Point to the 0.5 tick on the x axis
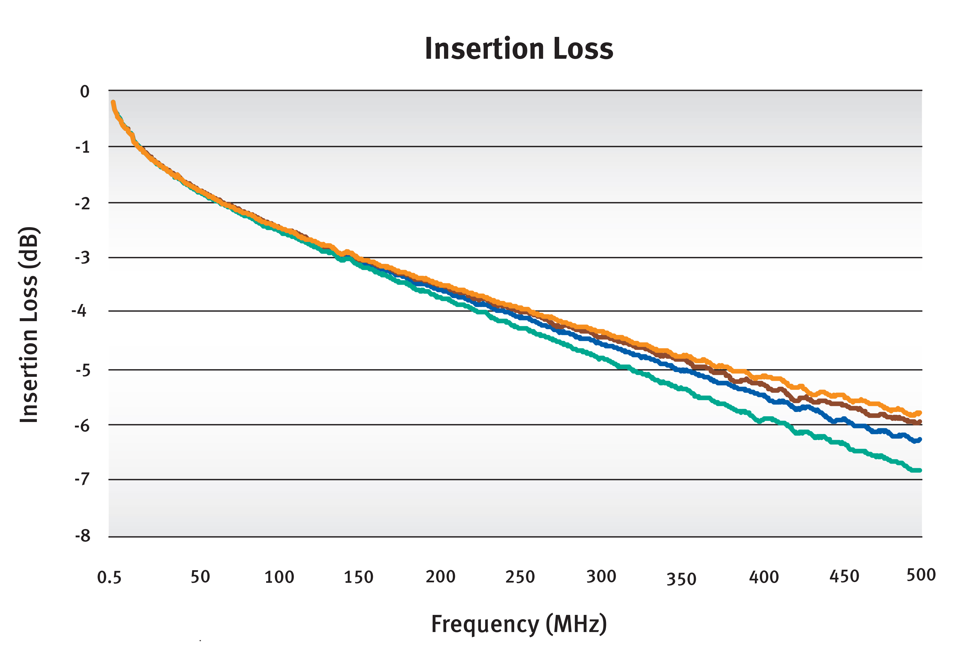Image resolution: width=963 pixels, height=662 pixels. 109,577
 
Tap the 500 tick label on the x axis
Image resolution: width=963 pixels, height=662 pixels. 921,575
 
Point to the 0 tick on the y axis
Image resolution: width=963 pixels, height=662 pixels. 85,92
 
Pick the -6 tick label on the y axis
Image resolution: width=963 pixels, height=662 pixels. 82,426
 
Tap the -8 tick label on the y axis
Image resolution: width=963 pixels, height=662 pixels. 83,536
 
